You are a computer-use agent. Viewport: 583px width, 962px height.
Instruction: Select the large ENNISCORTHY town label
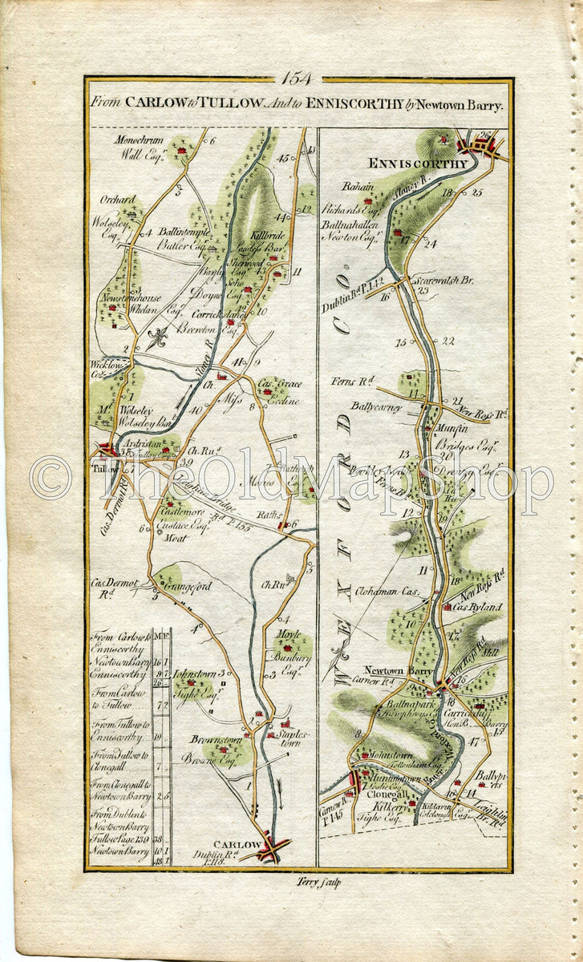417,164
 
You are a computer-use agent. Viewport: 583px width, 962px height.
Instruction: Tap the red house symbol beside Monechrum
182,150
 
